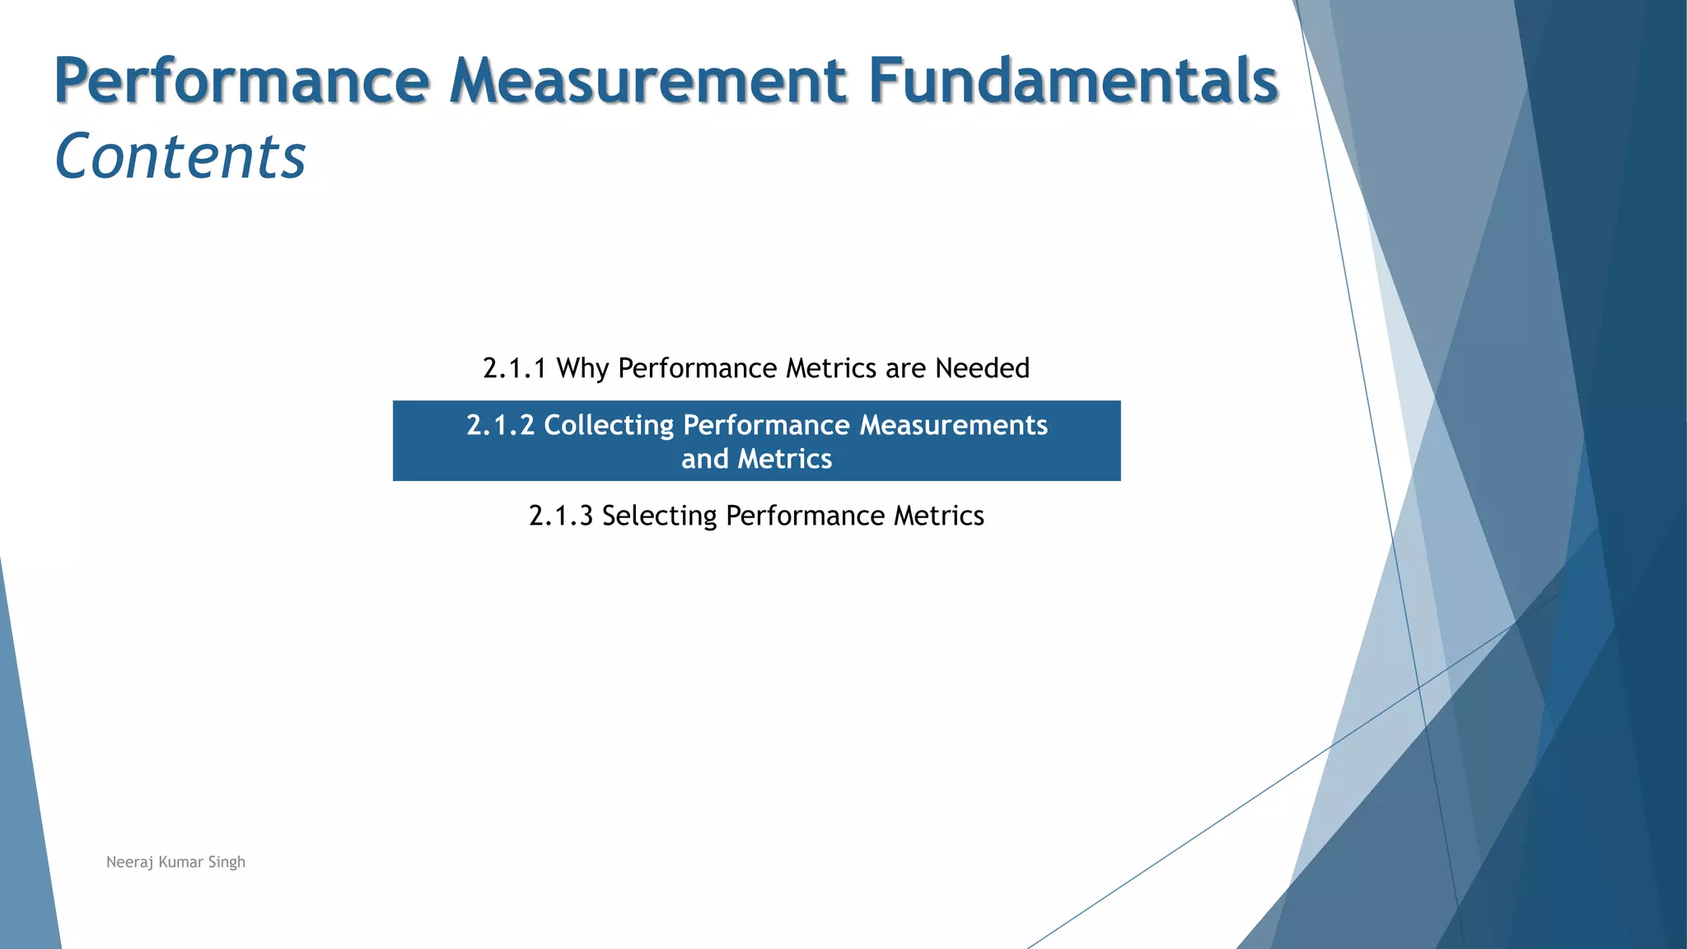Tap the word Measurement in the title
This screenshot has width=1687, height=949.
(648, 81)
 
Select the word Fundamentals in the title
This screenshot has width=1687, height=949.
(1072, 81)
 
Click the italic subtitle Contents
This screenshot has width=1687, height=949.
(180, 157)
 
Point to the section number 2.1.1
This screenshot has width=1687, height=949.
(515, 368)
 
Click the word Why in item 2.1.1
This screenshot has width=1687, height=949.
(582, 368)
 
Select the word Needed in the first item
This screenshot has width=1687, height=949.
(982, 368)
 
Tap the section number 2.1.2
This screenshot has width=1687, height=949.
(500, 425)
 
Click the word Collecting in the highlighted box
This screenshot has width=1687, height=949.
(609, 425)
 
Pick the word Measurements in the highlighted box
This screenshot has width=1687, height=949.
(953, 425)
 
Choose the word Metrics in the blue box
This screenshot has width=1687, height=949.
(785, 459)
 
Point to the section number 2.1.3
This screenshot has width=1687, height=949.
(560, 516)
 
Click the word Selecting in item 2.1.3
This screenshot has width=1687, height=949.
(659, 516)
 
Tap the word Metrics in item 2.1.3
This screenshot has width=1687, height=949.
(939, 516)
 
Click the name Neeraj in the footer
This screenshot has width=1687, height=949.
(129, 863)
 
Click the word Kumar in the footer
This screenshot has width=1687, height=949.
(180, 863)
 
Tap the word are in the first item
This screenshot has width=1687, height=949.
(905, 368)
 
